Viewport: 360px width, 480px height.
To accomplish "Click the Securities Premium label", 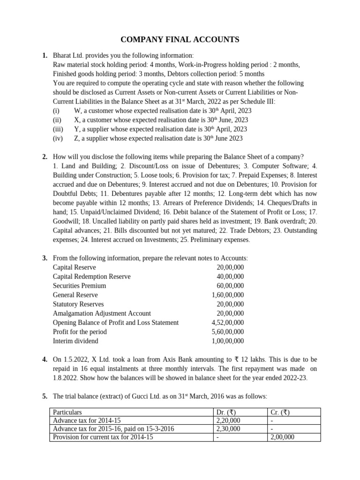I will click(79, 285).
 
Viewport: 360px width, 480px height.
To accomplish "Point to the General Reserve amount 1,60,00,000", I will click(227, 295).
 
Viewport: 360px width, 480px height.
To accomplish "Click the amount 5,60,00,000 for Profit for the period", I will click(227, 331).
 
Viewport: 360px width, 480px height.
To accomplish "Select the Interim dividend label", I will click(76, 341).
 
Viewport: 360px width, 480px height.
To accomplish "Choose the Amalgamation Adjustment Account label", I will click(102, 313).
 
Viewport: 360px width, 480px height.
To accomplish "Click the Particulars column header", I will click(67, 412).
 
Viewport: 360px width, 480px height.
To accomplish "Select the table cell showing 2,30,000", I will click(228, 428).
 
